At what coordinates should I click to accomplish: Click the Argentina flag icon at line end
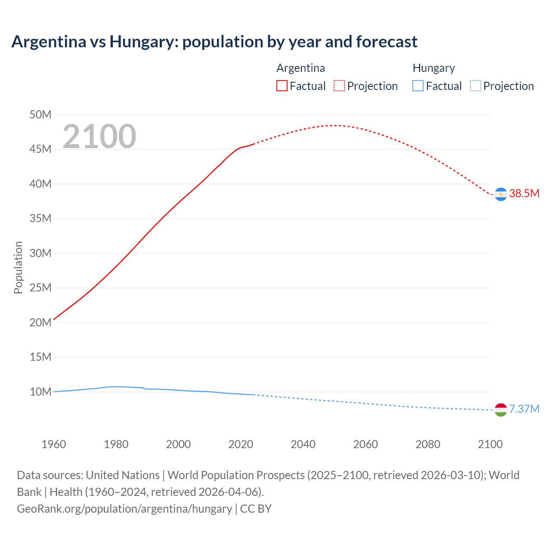point(500,194)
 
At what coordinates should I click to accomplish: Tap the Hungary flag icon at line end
point(500,410)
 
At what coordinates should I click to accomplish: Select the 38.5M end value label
point(524,193)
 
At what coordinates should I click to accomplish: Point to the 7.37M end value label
point(524,409)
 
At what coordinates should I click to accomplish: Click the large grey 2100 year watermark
point(99,136)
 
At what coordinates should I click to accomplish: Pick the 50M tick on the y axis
point(40,115)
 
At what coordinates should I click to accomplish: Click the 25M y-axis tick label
point(40,288)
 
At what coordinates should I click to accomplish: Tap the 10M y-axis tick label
point(40,392)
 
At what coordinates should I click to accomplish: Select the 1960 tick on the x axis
point(54,444)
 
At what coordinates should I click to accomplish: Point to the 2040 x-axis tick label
point(303,444)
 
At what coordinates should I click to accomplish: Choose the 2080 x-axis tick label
point(428,444)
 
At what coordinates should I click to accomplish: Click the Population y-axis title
point(18,267)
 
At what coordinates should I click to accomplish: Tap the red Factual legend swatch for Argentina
point(282,86)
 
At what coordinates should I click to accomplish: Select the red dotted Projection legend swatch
point(339,86)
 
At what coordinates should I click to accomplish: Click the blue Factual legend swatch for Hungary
point(418,86)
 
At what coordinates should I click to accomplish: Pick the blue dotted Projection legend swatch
point(475,86)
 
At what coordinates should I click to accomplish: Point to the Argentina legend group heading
point(300,68)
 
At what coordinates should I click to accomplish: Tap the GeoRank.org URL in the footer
point(124,509)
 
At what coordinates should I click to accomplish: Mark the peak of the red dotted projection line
point(335,125)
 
